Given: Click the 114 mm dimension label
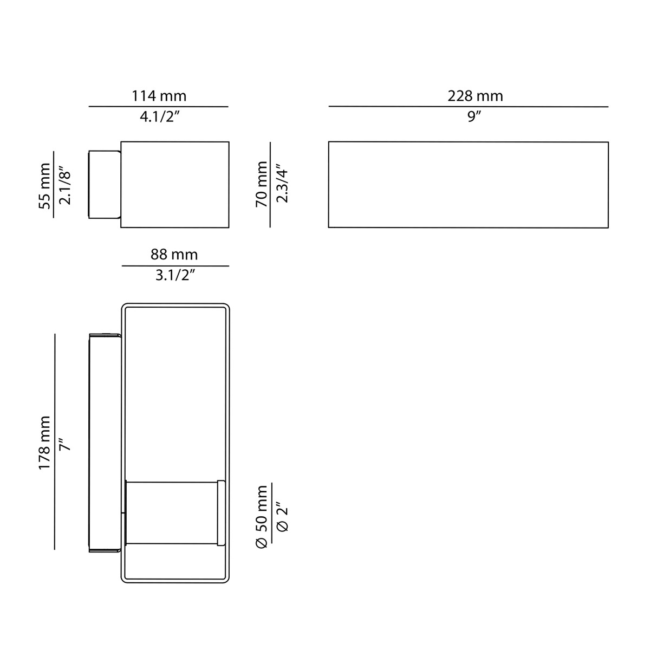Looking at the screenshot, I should tap(159, 96).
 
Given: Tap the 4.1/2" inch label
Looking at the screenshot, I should tap(159, 117).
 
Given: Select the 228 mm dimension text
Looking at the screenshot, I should tap(475, 96).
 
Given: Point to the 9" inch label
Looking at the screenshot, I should tap(475, 117).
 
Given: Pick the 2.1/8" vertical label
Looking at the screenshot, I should tap(65, 185).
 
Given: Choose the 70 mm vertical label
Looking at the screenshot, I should tap(262, 184).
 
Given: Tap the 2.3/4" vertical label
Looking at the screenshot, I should tap(282, 184).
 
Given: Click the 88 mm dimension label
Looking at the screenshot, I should tap(174, 255).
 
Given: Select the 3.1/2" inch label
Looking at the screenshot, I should tap(175, 275).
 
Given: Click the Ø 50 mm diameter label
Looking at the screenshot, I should tap(262, 517).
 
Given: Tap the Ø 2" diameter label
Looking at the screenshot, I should tap(282, 517).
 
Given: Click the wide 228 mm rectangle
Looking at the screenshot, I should tap(468, 184).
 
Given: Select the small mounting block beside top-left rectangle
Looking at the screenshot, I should tap(104, 184).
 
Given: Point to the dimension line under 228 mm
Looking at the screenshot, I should tap(468, 107).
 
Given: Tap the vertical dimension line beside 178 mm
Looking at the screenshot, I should tap(55, 441).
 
